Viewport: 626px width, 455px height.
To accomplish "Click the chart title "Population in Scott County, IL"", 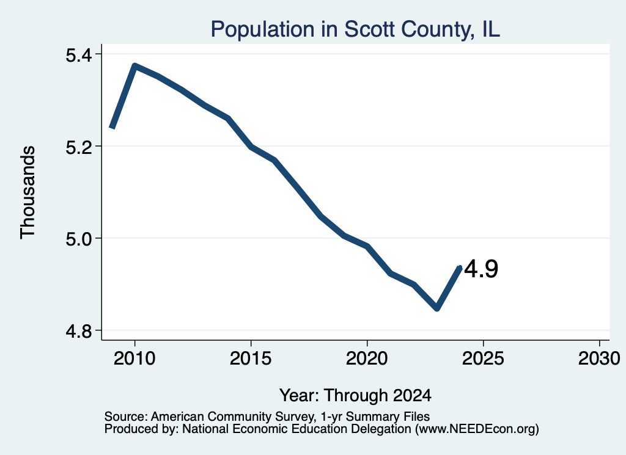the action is click(355, 29).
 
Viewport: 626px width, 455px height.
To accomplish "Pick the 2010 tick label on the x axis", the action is click(134, 358).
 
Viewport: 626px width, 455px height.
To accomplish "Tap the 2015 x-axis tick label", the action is click(251, 358).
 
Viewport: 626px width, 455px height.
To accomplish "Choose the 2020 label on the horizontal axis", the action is click(367, 358).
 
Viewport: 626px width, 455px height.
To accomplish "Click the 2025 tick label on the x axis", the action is click(483, 358).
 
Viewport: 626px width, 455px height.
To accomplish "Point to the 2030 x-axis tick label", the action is click(599, 358).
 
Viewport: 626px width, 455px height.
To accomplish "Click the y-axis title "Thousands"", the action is click(28, 192).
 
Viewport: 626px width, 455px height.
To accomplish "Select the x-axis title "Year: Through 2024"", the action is click(355, 395).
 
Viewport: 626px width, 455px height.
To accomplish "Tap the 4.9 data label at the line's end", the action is click(481, 269).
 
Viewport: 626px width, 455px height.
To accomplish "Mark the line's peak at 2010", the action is click(135, 66).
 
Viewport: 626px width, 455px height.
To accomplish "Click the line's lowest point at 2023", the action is click(437, 308).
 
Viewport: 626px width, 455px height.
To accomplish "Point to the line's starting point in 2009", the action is click(112, 127).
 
